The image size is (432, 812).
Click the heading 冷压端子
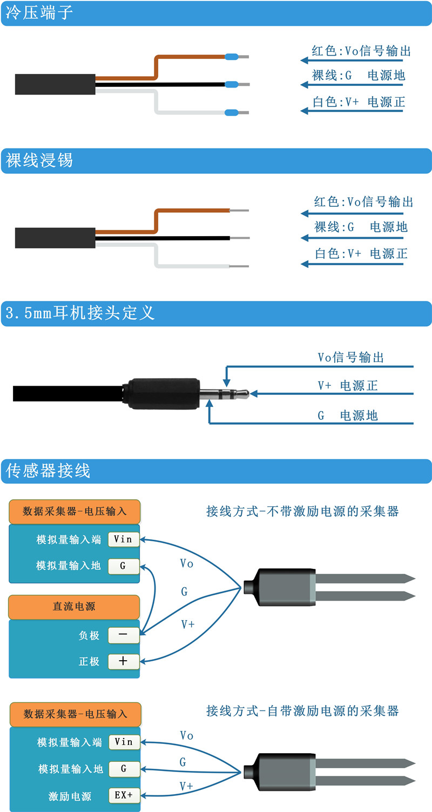pyautogui.click(x=39, y=12)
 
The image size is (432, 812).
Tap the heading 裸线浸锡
pyautogui.click(x=39, y=160)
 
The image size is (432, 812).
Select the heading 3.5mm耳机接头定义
pyautogui.click(x=80, y=313)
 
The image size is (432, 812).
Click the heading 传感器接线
pyautogui.click(x=48, y=471)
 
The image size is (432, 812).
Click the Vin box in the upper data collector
pyautogui.click(x=123, y=539)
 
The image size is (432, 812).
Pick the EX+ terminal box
pyautogui.click(x=124, y=795)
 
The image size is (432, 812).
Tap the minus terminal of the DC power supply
pyautogui.click(x=123, y=635)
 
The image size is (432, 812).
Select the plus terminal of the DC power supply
pyautogui.click(x=123, y=661)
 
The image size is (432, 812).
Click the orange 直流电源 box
pyautogui.click(x=74, y=607)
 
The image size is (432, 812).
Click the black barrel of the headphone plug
pyautogui.click(x=163, y=394)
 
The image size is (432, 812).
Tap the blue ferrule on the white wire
pyautogui.click(x=232, y=113)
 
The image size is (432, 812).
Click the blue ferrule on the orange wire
pyautogui.click(x=232, y=57)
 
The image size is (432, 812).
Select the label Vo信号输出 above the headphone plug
pyautogui.click(x=351, y=357)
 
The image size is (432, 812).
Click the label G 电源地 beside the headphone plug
pyautogui.click(x=348, y=415)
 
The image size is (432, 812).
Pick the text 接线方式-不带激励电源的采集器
pyautogui.click(x=302, y=511)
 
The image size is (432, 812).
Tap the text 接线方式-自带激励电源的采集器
pyautogui.click(x=302, y=711)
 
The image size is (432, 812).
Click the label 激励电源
pyautogui.click(x=70, y=796)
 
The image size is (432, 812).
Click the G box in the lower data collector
pyautogui.click(x=124, y=768)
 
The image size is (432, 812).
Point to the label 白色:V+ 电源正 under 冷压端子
pyautogui.click(x=359, y=102)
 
